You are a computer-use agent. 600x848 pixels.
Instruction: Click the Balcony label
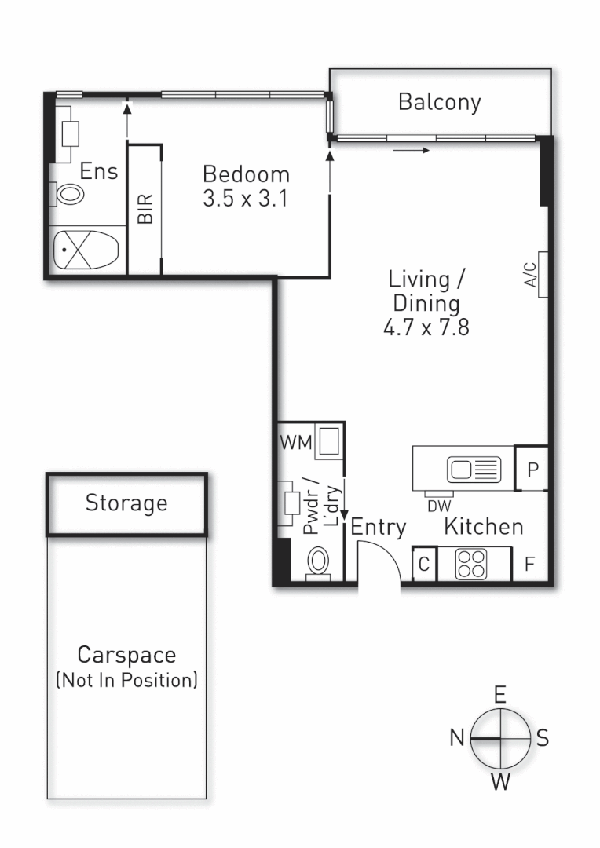coord(439,102)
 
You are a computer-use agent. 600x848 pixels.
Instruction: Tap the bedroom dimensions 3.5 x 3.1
coord(245,199)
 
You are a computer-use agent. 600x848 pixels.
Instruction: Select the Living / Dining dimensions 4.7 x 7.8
coord(426,327)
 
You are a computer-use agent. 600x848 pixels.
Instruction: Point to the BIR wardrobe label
coord(145,210)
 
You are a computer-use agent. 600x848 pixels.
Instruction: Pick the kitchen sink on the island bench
coord(474,469)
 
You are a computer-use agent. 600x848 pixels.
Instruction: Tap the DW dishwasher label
coord(439,507)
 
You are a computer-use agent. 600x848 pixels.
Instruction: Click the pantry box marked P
coord(532,470)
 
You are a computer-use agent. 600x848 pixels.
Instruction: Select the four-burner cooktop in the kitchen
coord(473,563)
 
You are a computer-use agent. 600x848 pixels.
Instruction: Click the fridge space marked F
coord(530,564)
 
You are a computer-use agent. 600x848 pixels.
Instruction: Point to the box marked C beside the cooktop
coord(424,564)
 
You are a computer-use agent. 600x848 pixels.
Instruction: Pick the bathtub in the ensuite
coord(85,250)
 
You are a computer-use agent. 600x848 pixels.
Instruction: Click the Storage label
coord(126,503)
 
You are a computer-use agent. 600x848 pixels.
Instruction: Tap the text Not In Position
coord(126,679)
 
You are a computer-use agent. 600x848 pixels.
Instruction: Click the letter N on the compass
coord(457,737)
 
